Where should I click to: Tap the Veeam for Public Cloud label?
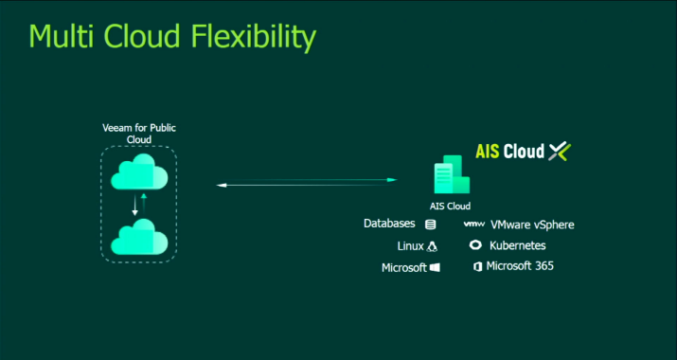tap(139, 133)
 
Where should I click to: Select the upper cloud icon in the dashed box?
tap(139, 173)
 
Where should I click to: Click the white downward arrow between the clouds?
tap(134, 205)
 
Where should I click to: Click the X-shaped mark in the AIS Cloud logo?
tap(560, 151)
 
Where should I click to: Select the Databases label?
tap(389, 225)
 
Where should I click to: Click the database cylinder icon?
tap(431, 225)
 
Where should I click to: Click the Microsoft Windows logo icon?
tap(435, 268)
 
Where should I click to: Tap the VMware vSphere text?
tap(532, 225)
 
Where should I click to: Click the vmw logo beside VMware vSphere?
tap(474, 225)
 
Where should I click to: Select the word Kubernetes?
tap(518, 245)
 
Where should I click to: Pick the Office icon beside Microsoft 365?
tap(477, 267)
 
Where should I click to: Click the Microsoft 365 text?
tap(520, 266)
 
